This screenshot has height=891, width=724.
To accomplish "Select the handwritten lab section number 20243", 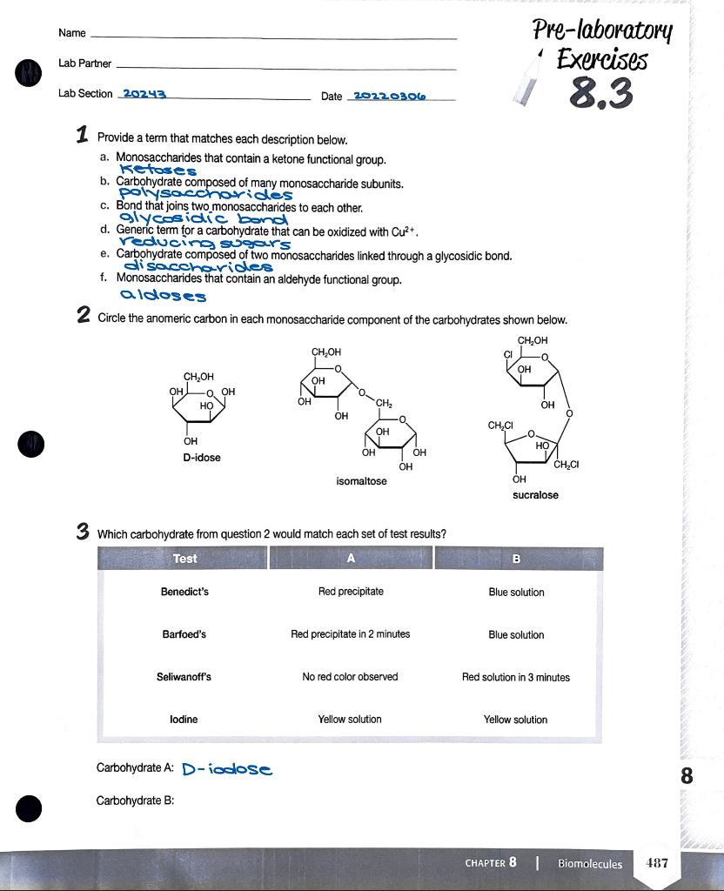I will click(x=144, y=94).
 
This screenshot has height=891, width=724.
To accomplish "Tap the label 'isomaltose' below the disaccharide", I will click(x=361, y=481).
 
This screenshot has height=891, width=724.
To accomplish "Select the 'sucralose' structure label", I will click(x=535, y=495).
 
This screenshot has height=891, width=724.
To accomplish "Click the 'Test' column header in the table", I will click(x=184, y=559).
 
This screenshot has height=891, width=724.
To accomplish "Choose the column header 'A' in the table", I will click(x=351, y=559).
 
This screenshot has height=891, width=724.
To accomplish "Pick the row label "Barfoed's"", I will click(x=184, y=634).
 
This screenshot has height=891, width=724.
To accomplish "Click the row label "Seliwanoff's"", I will click(x=184, y=677).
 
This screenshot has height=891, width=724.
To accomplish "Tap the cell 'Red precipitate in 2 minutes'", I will click(x=350, y=634).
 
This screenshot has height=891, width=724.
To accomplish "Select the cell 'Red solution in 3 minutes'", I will click(x=515, y=677).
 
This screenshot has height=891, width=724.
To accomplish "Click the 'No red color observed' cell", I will click(x=350, y=677).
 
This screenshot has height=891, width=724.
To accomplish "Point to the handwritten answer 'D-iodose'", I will click(x=227, y=769).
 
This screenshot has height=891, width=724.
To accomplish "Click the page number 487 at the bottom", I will click(x=657, y=863).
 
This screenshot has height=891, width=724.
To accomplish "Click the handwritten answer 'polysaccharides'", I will click(x=205, y=193).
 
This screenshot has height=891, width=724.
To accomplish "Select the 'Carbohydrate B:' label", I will click(x=135, y=801).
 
